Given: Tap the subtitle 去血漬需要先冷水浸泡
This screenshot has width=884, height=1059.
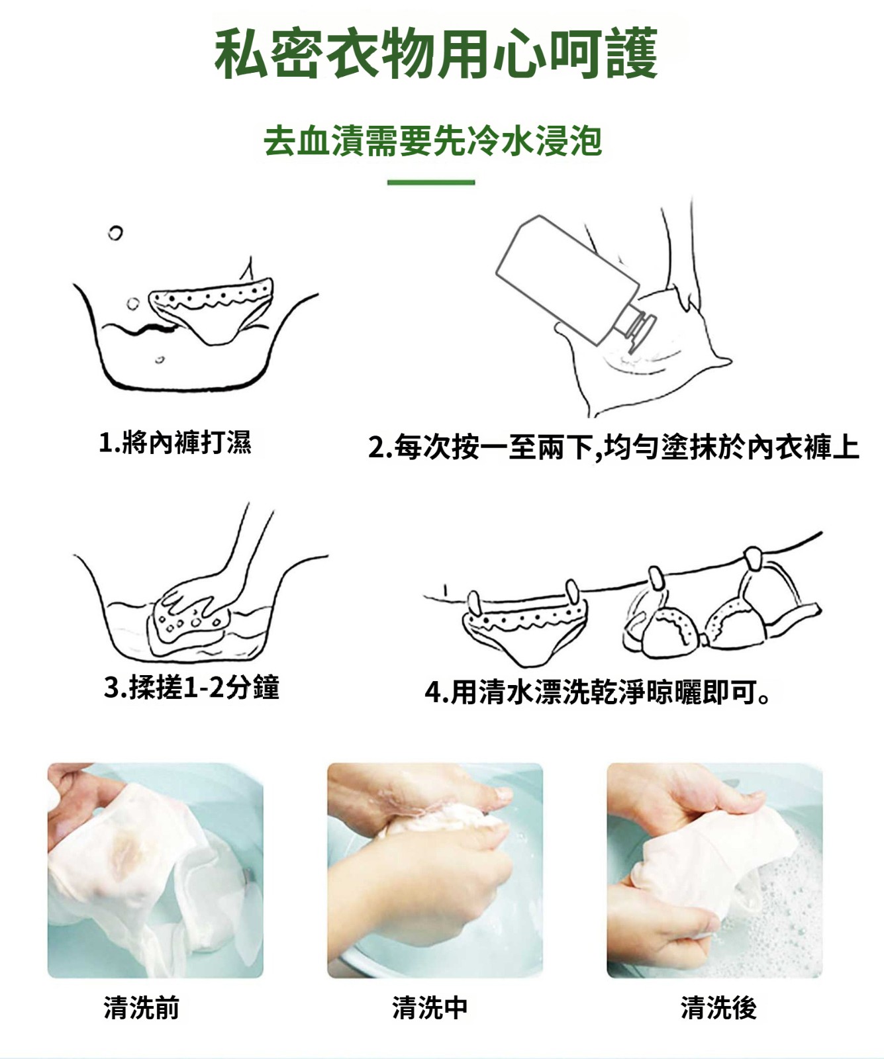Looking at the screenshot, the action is [x=432, y=141].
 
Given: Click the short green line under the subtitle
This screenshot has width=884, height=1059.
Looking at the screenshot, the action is [x=431, y=182].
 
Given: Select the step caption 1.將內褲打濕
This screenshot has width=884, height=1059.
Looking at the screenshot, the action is [x=175, y=441].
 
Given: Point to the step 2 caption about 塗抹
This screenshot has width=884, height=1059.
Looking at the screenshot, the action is [x=614, y=447].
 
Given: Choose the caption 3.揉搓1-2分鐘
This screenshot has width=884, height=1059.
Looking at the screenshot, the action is [x=191, y=687].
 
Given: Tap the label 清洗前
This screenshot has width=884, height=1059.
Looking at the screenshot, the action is [x=142, y=1007].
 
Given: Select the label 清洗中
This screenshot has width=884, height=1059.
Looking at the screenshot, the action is [x=430, y=1007].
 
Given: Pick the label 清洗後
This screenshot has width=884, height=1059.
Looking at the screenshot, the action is [x=718, y=1007].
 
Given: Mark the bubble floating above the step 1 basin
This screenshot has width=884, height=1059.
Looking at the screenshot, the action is [x=115, y=233].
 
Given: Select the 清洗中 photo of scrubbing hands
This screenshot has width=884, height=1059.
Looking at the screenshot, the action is [x=435, y=870].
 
